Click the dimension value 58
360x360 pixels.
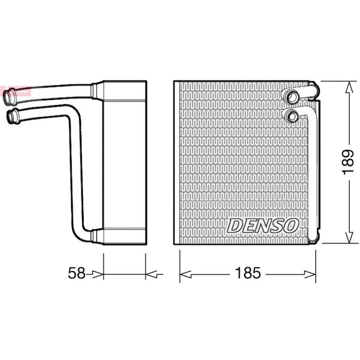click(77, 273)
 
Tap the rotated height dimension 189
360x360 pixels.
click(348, 162)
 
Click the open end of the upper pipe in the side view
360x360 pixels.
click(8, 96)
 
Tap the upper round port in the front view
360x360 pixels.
click(291, 97)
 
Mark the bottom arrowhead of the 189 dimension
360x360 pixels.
click(349, 237)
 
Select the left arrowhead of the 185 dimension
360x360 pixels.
click(185, 275)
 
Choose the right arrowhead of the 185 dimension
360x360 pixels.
click(310, 275)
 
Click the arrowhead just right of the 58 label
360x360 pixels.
click(98, 275)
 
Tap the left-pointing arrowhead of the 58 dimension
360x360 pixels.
click(151, 275)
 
